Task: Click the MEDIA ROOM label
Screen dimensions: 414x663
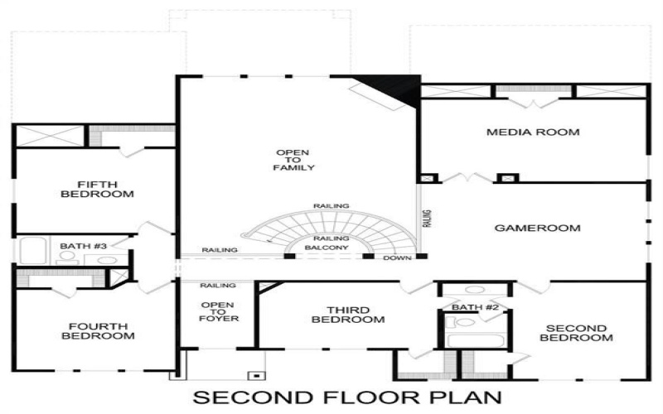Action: [x=532, y=132]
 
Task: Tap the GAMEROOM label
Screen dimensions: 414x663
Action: [x=537, y=228]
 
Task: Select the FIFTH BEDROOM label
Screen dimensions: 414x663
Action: [x=97, y=190]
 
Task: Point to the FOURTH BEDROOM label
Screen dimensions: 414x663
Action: [x=96, y=331]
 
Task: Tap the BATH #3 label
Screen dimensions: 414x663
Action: [x=80, y=246]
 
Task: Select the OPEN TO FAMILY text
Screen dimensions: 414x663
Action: [x=294, y=161]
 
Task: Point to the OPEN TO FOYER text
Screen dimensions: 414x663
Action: [x=219, y=311]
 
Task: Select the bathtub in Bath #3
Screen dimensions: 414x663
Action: [x=36, y=250]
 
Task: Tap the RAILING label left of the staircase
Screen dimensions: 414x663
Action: [x=220, y=250]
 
